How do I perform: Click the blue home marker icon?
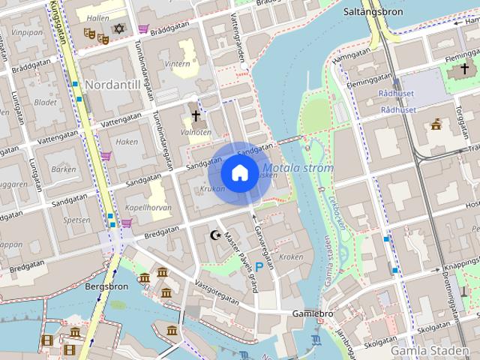(238, 172)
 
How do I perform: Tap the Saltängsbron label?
(373, 12)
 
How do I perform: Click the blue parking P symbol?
(259, 266)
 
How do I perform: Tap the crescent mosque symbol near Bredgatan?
(216, 235)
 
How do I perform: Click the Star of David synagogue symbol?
(118, 29)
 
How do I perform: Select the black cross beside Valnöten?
(196, 116)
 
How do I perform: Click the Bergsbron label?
(107, 286)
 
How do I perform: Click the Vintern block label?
(178, 64)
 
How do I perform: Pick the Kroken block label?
(290, 256)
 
